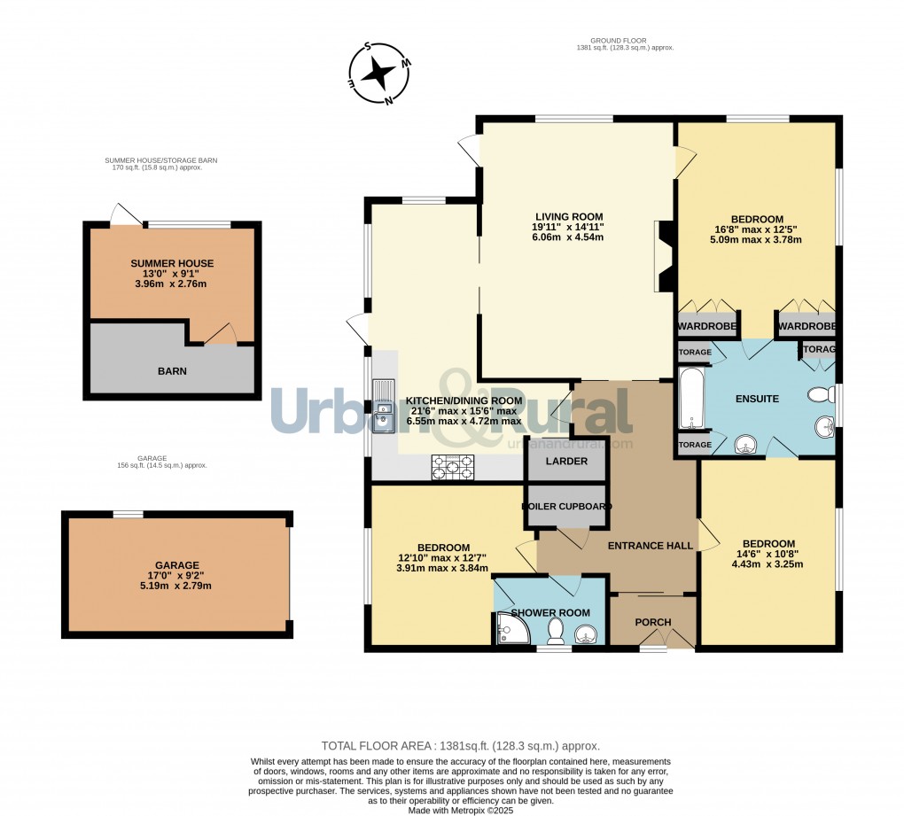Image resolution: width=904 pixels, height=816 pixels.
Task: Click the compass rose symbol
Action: pyautogui.click(x=379, y=75)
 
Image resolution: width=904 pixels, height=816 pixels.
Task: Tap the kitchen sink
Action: pyautogui.click(x=384, y=408)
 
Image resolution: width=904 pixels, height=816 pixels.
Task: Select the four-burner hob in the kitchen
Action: pyautogui.click(x=453, y=466)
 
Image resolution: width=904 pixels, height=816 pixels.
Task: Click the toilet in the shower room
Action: pyautogui.click(x=556, y=631)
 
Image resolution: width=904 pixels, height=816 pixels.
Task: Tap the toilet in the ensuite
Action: pyautogui.click(x=822, y=394)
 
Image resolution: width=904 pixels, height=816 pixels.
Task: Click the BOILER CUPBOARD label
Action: pyautogui.click(x=566, y=506)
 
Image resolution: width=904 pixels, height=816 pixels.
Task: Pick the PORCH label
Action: pyautogui.click(x=653, y=622)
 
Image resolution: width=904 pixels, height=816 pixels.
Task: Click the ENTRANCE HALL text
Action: pyautogui.click(x=650, y=546)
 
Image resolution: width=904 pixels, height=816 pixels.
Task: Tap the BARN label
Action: pyautogui.click(x=172, y=371)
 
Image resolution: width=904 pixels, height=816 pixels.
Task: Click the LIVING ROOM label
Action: pyautogui.click(x=568, y=216)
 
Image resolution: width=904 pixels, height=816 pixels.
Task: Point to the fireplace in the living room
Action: pyautogui.click(x=664, y=256)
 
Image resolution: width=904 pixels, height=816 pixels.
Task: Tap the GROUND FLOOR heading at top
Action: pyautogui.click(x=619, y=40)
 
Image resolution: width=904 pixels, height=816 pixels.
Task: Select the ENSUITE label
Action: pyautogui.click(x=757, y=399)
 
